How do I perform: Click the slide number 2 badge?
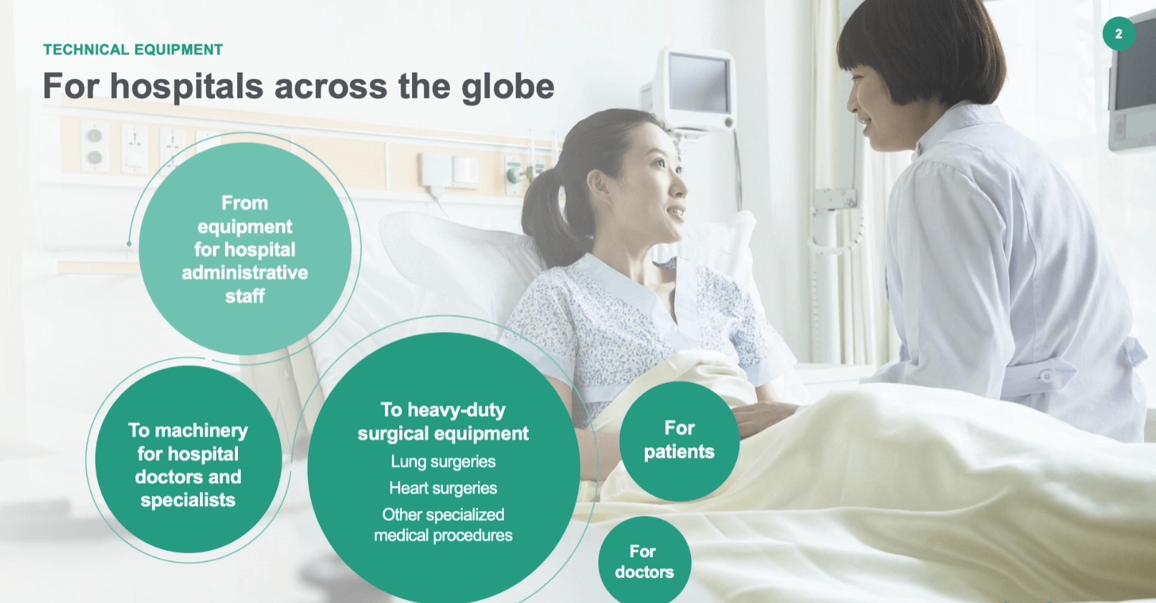pyautogui.click(x=1119, y=34)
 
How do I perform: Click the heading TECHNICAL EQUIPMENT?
pyautogui.click(x=133, y=49)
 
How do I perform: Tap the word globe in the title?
pyautogui.click(x=508, y=87)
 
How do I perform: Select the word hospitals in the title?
pyautogui.click(x=187, y=87)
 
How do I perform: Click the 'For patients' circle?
pyautogui.click(x=679, y=441)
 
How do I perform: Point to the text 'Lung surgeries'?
pyautogui.click(x=444, y=461)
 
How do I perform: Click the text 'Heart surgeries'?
pyautogui.click(x=444, y=488)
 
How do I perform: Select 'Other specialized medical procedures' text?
pyautogui.click(x=444, y=525)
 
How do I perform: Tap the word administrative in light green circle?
pyautogui.click(x=244, y=272)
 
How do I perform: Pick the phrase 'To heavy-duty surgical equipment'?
pyautogui.click(x=444, y=422)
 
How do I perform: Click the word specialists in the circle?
pyautogui.click(x=188, y=500)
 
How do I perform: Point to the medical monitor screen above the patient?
pyautogui.click(x=699, y=84)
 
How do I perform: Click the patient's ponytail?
pyautogui.click(x=542, y=217)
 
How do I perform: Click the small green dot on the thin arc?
pyautogui.click(x=129, y=244)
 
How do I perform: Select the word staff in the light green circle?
pyautogui.click(x=244, y=296)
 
